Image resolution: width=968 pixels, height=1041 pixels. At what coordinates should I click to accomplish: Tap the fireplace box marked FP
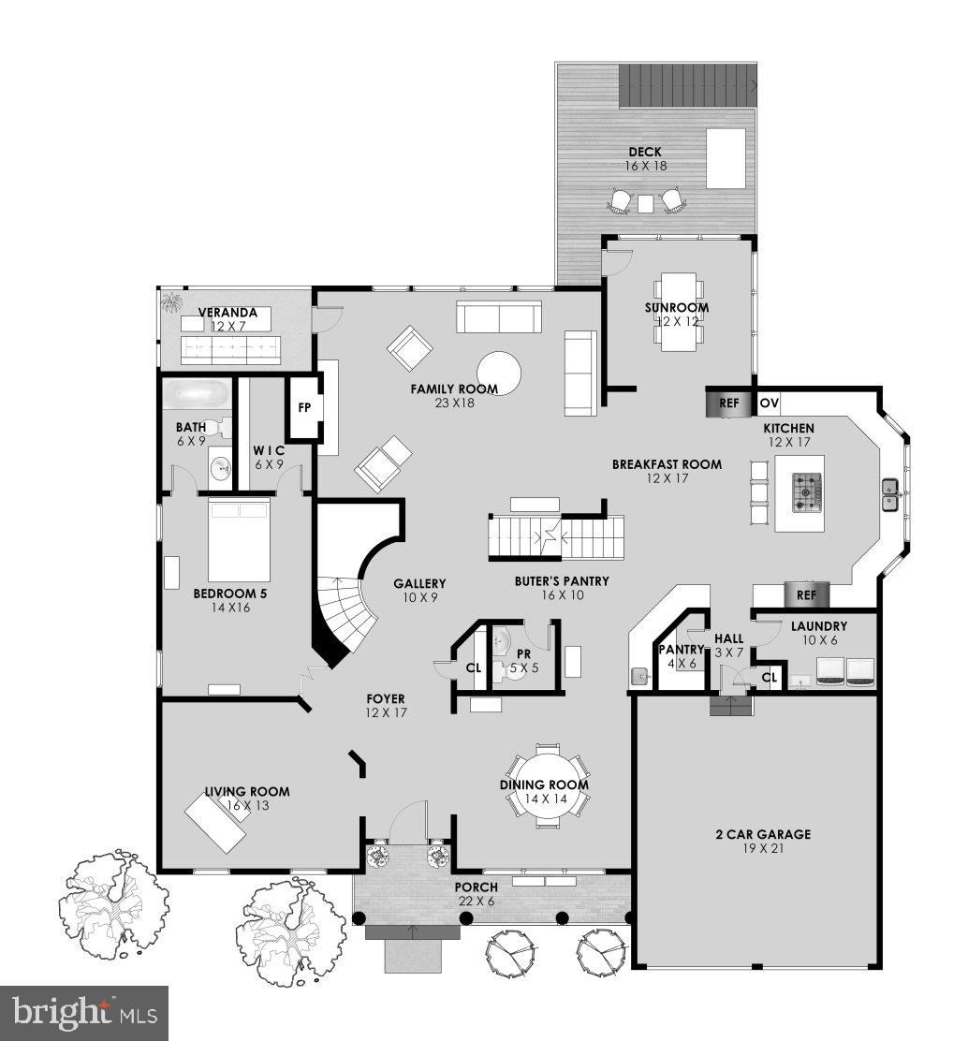click(x=303, y=408)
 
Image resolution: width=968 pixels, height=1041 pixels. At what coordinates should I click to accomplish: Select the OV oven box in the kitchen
click(x=769, y=403)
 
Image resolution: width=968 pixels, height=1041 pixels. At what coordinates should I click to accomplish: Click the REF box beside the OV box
click(x=729, y=403)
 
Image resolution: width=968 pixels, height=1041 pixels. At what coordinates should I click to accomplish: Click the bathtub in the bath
click(x=195, y=393)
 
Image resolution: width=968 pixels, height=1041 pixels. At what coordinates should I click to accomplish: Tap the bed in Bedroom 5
click(x=239, y=540)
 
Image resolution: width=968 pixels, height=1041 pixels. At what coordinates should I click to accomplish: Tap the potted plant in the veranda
click(x=171, y=302)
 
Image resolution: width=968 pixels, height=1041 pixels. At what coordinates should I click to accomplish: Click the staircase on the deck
click(x=689, y=87)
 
